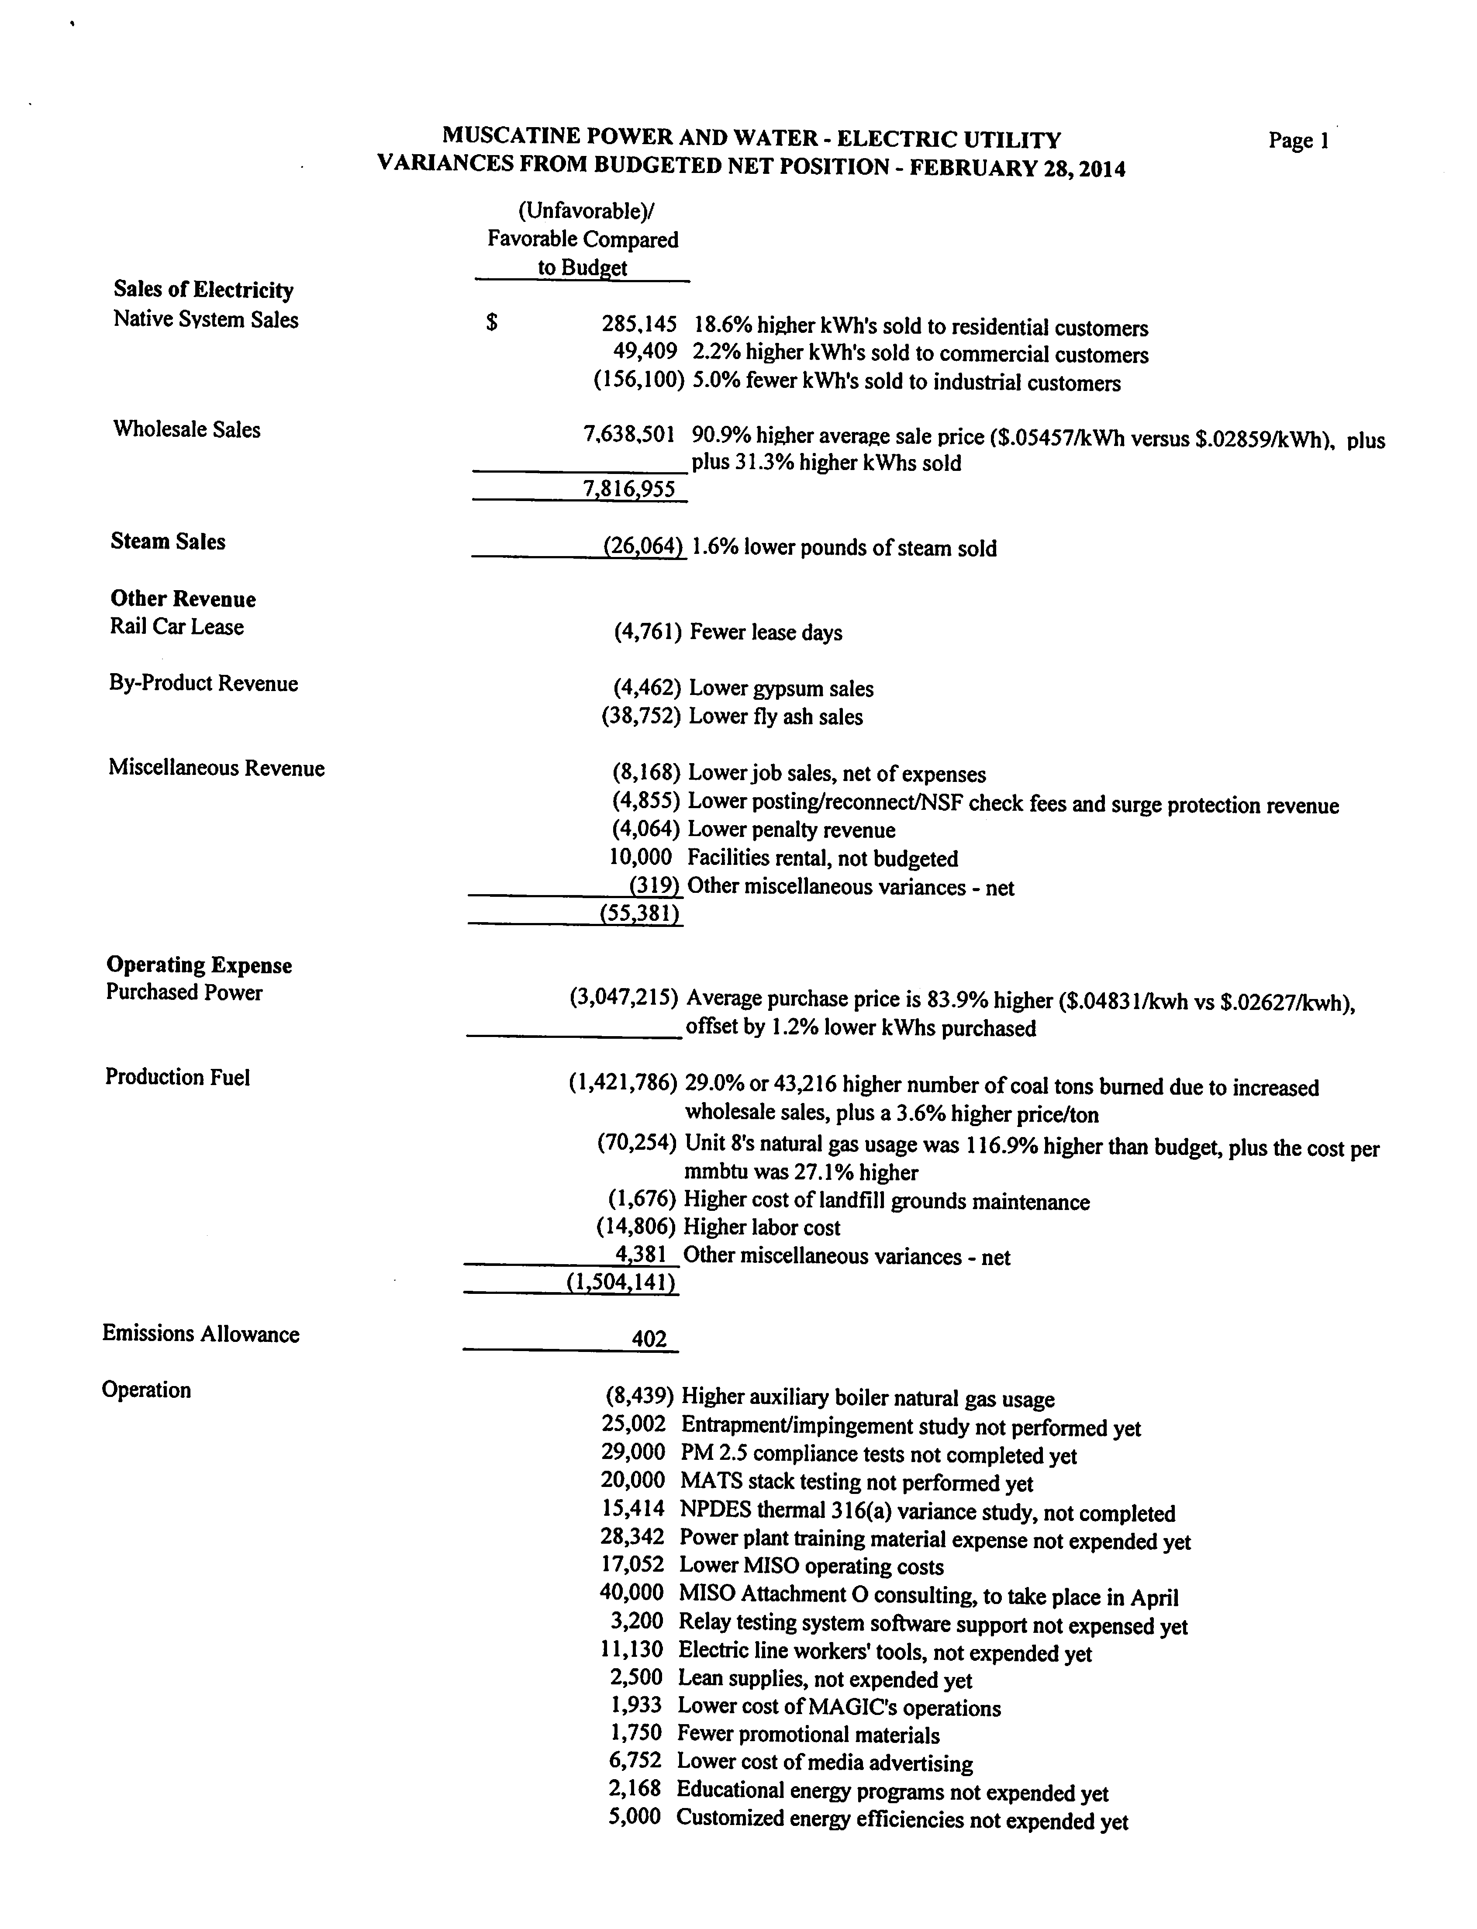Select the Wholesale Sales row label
[186, 430]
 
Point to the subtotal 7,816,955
[629, 490]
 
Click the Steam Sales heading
[168, 542]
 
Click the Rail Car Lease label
[177, 627]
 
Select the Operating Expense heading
[199, 965]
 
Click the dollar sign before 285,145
[492, 324]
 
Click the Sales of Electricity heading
[203, 290]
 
